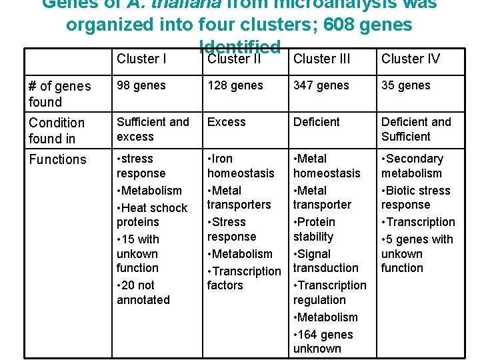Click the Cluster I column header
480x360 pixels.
pos(142,59)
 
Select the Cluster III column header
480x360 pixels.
pos(321,59)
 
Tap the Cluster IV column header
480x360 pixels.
pos(411,59)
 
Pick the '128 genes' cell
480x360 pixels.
pos(235,85)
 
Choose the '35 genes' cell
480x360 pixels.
pos(406,85)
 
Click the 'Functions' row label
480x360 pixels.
pos(57,159)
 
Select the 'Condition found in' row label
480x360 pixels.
pos(57,131)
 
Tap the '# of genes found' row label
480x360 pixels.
pos(59,94)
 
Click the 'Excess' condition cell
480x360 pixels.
pos(227,122)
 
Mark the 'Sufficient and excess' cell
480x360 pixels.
pos(153,129)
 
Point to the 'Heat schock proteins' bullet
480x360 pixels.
pos(151,215)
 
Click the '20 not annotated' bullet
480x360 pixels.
pos(143,292)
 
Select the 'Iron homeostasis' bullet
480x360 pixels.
pos(241,166)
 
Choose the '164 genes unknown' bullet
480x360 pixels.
pos(323,341)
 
